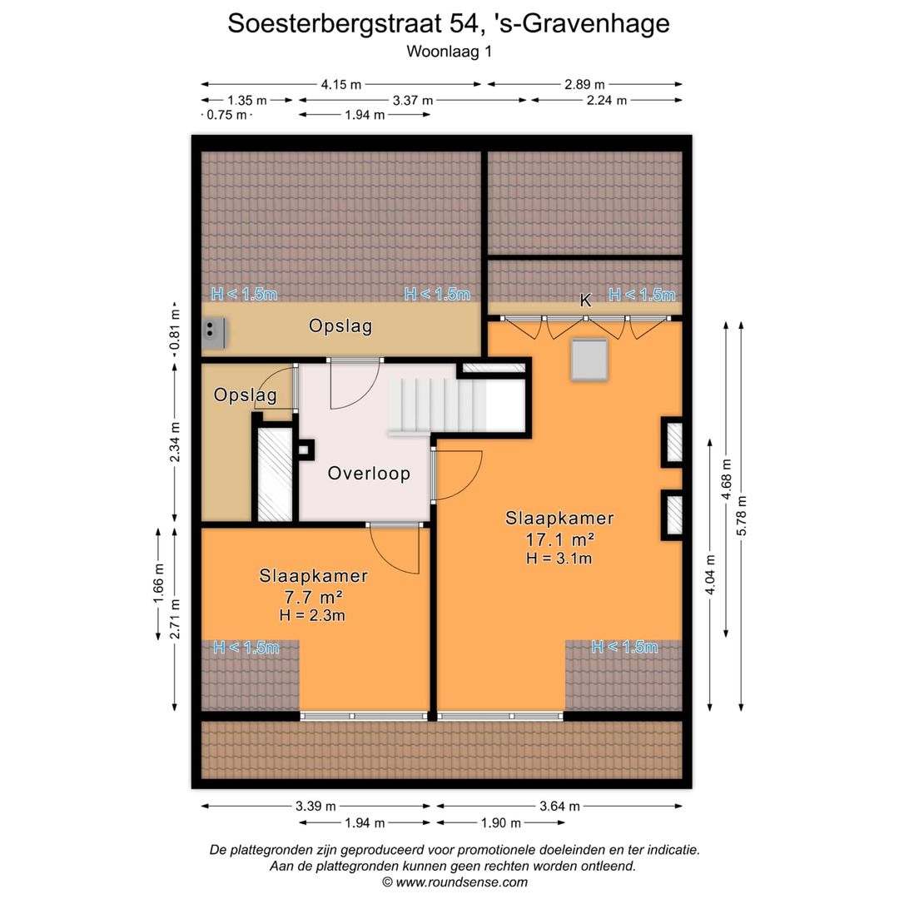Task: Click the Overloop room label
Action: (369, 474)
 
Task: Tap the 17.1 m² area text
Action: (559, 539)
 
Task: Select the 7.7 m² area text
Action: (314, 596)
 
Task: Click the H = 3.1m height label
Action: (559, 559)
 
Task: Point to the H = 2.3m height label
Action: (314, 616)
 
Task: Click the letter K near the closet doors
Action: (585, 300)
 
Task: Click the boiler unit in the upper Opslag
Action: (214, 332)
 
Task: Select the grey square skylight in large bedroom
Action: (590, 360)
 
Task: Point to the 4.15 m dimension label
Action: (341, 84)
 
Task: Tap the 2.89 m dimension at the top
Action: (584, 84)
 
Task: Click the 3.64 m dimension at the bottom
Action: (559, 806)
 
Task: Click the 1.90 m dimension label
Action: (500, 823)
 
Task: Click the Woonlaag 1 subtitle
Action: (449, 52)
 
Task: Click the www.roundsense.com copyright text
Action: (454, 882)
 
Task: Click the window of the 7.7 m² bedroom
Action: (365, 716)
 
